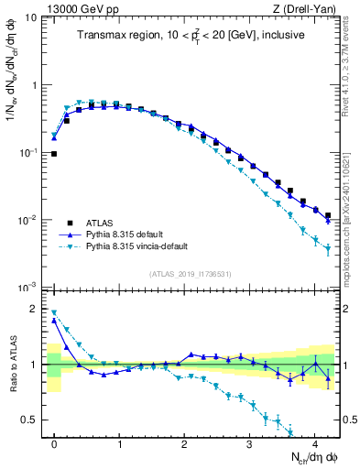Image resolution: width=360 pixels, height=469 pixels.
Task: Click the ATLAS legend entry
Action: [x=103, y=222]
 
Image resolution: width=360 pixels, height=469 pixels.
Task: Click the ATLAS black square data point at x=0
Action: [x=54, y=154]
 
